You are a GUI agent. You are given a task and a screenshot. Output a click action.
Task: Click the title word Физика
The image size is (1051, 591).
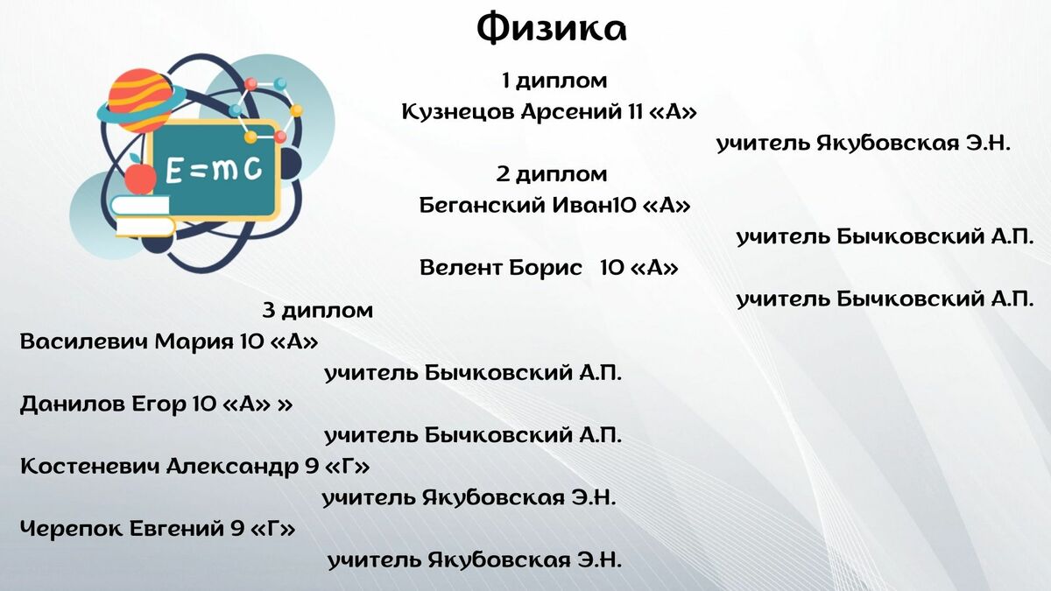click(551, 29)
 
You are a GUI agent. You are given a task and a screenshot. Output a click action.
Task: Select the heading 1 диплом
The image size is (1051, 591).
click(554, 81)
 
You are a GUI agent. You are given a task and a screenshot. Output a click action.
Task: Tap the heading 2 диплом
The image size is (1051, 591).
click(552, 174)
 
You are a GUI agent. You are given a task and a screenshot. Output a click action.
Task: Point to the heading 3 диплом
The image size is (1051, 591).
click(318, 311)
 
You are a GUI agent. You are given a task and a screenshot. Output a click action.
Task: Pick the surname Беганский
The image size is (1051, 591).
click(482, 206)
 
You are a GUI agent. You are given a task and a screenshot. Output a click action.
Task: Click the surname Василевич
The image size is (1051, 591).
click(84, 341)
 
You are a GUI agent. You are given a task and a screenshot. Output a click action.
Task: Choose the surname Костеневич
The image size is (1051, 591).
click(90, 466)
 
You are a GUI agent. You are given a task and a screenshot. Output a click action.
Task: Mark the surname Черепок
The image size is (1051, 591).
click(71, 530)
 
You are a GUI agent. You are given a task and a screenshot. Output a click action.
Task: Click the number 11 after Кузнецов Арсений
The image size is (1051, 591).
click(635, 112)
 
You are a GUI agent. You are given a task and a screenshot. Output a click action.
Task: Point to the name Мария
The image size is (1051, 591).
click(194, 342)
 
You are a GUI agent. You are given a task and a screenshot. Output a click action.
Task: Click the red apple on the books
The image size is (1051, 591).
click(140, 178)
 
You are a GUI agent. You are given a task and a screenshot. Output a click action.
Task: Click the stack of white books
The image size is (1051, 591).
click(142, 216)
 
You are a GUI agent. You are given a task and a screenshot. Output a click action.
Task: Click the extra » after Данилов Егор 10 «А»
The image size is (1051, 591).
click(285, 405)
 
